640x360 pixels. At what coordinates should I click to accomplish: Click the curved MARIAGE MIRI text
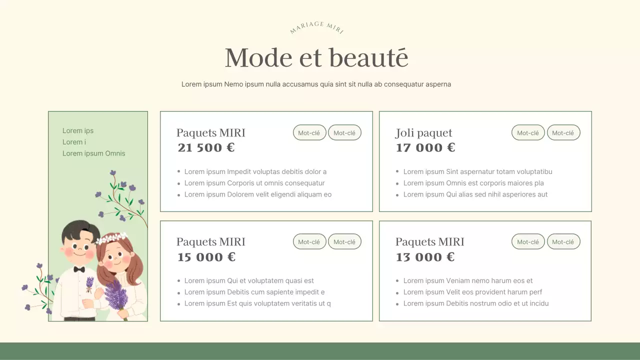pyautogui.click(x=316, y=27)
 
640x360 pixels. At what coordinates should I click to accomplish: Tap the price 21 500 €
pyautogui.click(x=206, y=148)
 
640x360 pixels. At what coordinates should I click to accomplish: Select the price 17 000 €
pyautogui.click(x=425, y=148)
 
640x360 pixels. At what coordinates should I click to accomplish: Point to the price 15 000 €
pyautogui.click(x=206, y=257)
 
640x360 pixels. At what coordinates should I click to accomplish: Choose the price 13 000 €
pyautogui.click(x=425, y=257)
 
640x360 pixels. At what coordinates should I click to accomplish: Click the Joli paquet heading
pyautogui.click(x=423, y=133)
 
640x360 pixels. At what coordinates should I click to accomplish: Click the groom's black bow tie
pyautogui.click(x=79, y=269)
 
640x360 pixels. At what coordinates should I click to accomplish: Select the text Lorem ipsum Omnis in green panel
pyautogui.click(x=93, y=153)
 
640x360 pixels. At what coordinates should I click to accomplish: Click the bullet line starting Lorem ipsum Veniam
pyautogui.click(x=468, y=280)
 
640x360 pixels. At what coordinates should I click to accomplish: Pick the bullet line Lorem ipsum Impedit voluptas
pyautogui.click(x=255, y=171)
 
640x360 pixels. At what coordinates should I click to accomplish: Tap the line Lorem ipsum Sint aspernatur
pyautogui.click(x=477, y=171)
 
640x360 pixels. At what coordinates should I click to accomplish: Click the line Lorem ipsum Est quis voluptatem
pyautogui.click(x=257, y=303)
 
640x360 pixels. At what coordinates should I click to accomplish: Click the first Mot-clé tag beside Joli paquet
pyautogui.click(x=528, y=132)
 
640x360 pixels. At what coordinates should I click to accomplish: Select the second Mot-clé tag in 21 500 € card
pyautogui.click(x=344, y=132)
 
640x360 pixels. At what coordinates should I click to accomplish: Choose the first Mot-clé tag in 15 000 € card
pyautogui.click(x=309, y=242)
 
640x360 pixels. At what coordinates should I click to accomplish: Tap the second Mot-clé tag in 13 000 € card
pyautogui.click(x=563, y=242)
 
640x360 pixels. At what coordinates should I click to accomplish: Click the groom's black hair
pyautogui.click(x=80, y=229)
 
